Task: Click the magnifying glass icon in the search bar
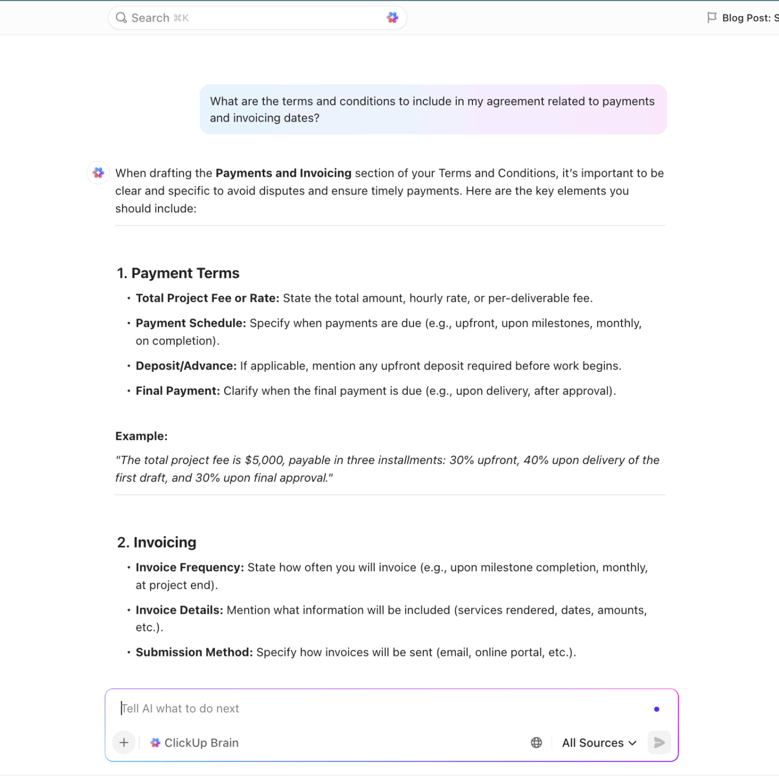(x=121, y=18)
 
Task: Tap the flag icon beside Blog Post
(x=711, y=18)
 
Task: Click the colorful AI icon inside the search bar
(x=392, y=18)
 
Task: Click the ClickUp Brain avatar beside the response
(x=98, y=173)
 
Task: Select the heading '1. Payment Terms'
(x=178, y=273)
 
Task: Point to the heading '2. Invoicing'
(x=157, y=543)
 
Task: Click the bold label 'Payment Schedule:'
(x=190, y=324)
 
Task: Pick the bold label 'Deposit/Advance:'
(x=186, y=366)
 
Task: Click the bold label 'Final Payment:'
(x=178, y=391)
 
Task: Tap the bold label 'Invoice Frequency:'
(x=190, y=568)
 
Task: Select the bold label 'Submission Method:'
(x=194, y=653)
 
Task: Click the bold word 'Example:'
(x=141, y=436)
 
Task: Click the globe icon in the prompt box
(x=536, y=743)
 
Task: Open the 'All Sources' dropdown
(x=599, y=743)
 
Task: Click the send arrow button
(x=659, y=743)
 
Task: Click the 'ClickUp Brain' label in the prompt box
(x=201, y=743)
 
